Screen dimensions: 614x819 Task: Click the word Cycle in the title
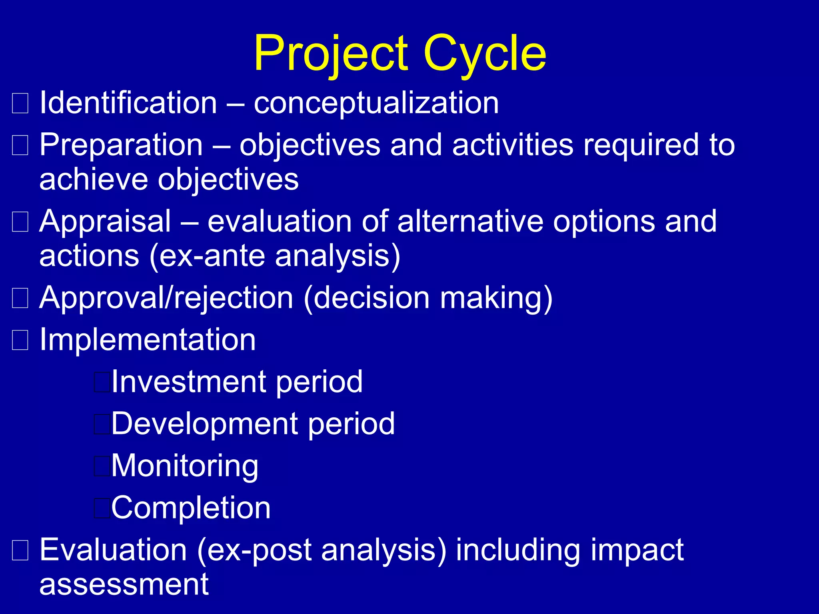[x=485, y=54]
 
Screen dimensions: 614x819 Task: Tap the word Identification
[x=128, y=103]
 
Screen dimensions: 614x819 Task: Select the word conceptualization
[x=376, y=104]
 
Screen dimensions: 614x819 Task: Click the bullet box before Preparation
[x=20, y=145]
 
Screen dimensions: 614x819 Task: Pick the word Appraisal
[x=105, y=222]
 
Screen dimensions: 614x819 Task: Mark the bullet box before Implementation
[x=20, y=340]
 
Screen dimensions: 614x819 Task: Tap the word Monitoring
[x=185, y=466]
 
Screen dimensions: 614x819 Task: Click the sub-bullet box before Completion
[x=102, y=508]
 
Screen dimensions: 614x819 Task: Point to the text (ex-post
[x=254, y=550]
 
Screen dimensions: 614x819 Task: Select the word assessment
[x=124, y=585]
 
